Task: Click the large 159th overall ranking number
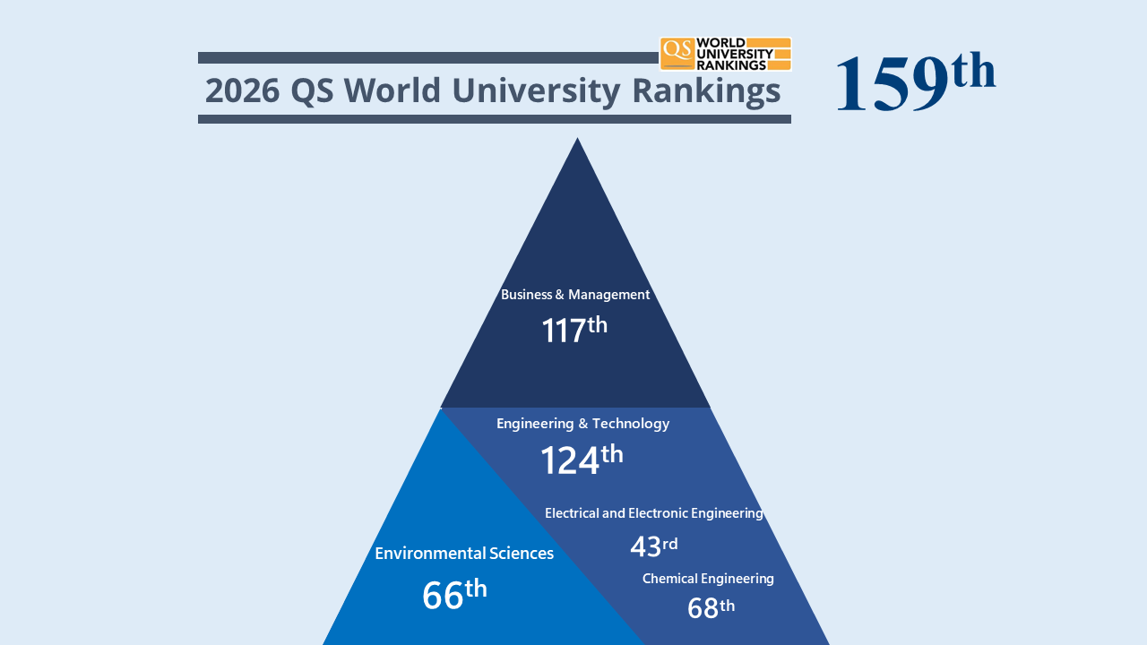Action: click(914, 82)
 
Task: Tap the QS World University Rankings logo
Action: click(726, 54)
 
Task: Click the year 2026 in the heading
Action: click(241, 90)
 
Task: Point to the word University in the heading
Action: click(536, 90)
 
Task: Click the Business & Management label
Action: click(575, 295)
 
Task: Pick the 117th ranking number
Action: click(574, 330)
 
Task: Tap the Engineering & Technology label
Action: click(582, 424)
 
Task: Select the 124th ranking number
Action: click(581, 460)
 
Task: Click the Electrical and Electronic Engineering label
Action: click(653, 513)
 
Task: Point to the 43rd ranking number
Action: click(653, 546)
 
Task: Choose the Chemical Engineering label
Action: click(708, 579)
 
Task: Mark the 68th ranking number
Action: click(711, 608)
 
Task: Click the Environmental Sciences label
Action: click(464, 554)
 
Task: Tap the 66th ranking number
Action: click(454, 595)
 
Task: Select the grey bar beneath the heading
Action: click(494, 119)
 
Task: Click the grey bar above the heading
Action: click(427, 57)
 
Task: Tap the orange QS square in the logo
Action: click(677, 53)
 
